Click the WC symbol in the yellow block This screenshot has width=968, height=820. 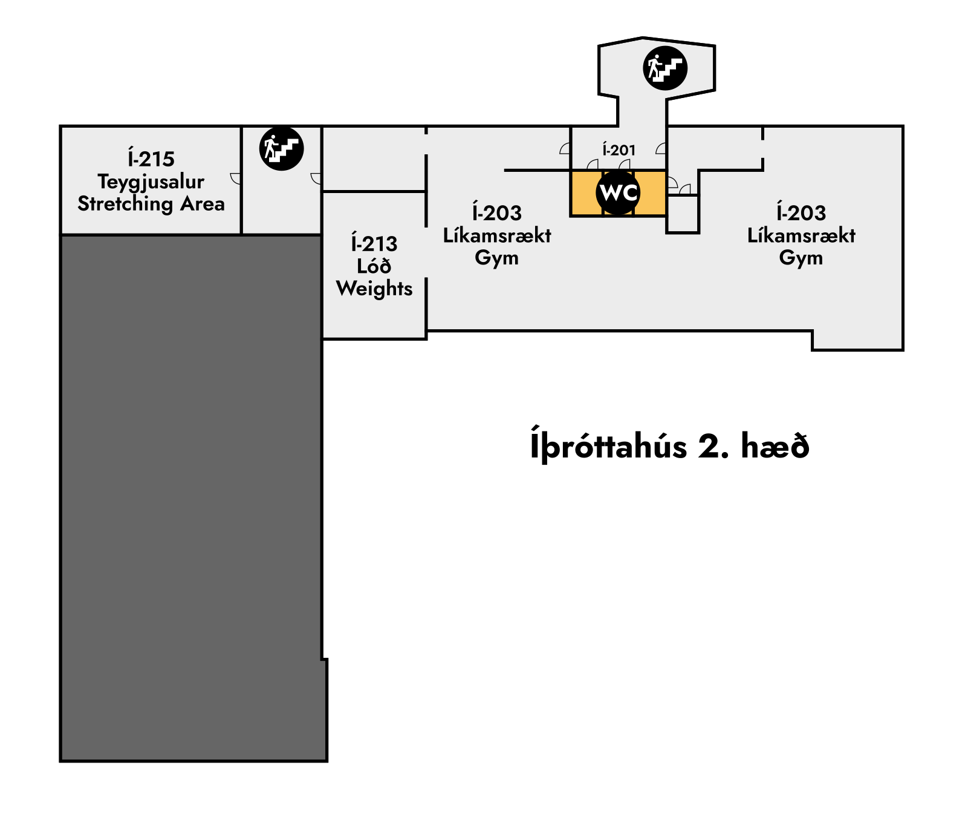(x=618, y=193)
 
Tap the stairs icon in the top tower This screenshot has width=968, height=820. (x=665, y=68)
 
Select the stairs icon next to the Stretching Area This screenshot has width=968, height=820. (x=281, y=148)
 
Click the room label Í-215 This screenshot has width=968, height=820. (x=151, y=159)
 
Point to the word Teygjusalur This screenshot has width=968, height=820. (x=151, y=182)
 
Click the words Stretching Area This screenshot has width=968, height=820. (x=151, y=204)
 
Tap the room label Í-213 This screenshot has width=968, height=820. (x=374, y=243)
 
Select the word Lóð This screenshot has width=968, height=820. (x=374, y=266)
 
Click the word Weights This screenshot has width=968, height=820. (x=374, y=289)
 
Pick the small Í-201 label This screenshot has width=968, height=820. (x=619, y=149)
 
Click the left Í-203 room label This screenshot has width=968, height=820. (x=496, y=212)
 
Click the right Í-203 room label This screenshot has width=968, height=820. (x=801, y=212)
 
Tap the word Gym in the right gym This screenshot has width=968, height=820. (x=801, y=258)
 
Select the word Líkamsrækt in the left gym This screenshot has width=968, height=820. (x=496, y=235)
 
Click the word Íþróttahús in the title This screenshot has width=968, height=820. (x=608, y=447)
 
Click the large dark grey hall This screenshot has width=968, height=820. (x=191, y=496)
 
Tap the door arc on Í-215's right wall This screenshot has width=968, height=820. (x=236, y=179)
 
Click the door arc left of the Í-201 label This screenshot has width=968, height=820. (x=565, y=148)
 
